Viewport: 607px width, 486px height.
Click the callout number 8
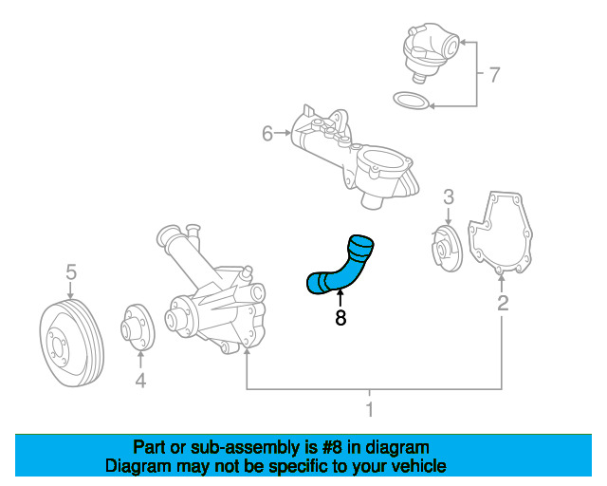click(340, 318)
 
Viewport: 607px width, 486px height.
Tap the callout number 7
click(494, 75)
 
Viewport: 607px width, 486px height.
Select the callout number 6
click(267, 133)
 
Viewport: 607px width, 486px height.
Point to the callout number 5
click(71, 272)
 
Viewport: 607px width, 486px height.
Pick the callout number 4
click(140, 381)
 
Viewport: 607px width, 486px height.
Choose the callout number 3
click(449, 196)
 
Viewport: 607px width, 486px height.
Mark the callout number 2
click(503, 303)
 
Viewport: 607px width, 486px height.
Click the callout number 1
click(370, 409)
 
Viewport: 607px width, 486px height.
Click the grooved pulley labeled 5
click(72, 343)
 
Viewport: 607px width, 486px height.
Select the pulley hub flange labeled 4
click(138, 327)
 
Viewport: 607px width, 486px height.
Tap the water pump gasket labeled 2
click(500, 233)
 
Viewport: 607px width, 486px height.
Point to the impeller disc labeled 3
click(447, 248)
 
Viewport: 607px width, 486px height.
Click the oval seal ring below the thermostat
click(411, 101)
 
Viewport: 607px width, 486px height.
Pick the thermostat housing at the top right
click(430, 52)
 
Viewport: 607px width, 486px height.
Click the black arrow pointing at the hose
click(340, 299)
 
